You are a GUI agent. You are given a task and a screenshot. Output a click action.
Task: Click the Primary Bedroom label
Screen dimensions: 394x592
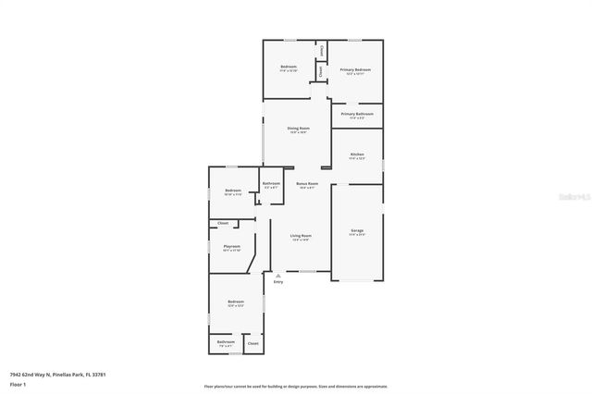point(356,70)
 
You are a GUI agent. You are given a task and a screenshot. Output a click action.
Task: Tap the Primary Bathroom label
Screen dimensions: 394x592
point(356,115)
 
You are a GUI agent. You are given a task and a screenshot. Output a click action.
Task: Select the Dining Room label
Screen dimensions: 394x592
point(298,129)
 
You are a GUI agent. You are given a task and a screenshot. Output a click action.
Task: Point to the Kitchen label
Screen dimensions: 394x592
point(356,154)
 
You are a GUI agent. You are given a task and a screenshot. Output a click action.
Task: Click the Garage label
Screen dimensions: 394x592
point(356,230)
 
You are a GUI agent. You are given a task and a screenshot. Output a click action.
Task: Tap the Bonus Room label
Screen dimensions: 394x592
point(307,184)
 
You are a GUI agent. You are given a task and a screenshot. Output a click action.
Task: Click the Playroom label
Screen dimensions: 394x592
point(232,246)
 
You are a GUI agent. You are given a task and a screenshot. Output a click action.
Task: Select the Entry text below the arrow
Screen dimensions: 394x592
point(278,281)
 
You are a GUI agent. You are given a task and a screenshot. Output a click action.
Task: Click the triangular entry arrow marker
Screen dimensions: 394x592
point(278,275)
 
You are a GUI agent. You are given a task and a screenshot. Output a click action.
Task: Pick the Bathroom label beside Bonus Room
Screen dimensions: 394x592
point(271,184)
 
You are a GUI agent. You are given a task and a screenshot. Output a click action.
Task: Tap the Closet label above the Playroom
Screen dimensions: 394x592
point(223,223)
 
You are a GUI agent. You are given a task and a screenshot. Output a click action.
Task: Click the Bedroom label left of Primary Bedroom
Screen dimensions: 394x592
point(289,68)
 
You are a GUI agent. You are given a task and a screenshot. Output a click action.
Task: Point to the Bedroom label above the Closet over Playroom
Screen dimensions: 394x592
point(232,191)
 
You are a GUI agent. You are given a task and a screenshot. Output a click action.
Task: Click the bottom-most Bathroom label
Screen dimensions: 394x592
point(226,342)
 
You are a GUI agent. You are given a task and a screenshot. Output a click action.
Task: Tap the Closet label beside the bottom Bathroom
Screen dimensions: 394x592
point(253,343)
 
